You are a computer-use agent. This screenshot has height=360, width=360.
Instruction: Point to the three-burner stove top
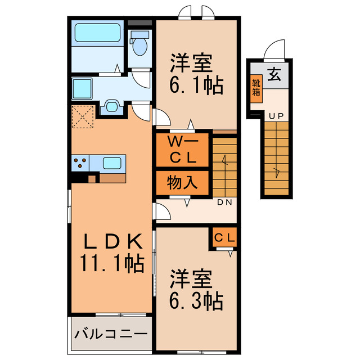click(79, 163)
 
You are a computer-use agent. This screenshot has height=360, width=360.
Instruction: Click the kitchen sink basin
click(112, 163)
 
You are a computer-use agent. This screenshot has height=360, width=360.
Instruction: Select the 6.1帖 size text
click(196, 85)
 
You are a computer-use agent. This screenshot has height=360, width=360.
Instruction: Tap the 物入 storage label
click(183, 182)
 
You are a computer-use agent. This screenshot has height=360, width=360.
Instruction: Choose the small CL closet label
click(224, 237)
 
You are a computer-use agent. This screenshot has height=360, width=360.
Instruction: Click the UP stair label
click(276, 116)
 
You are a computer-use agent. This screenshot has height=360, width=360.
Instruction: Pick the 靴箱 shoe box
click(256, 88)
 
